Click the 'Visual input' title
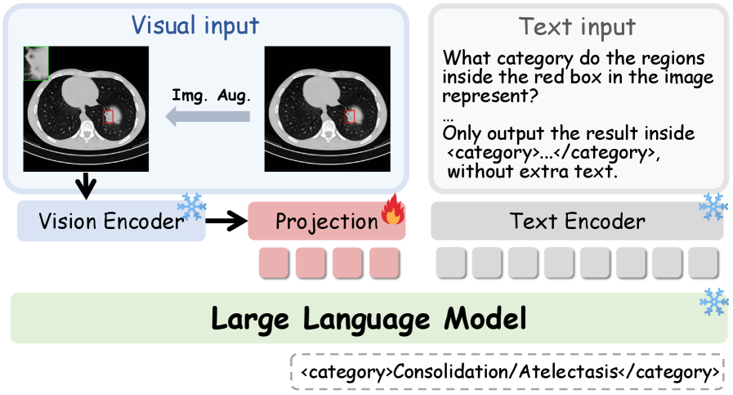pyautogui.click(x=195, y=25)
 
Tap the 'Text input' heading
pyautogui.click(x=577, y=26)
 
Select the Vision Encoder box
pyautogui.click(x=111, y=222)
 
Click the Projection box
pyautogui.click(x=327, y=222)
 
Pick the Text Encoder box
pyautogui.click(x=578, y=222)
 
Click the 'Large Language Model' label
pyautogui.click(x=369, y=319)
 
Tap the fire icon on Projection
pyautogui.click(x=393, y=209)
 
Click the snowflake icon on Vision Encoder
pyautogui.click(x=192, y=206)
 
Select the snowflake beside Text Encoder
pyautogui.click(x=713, y=206)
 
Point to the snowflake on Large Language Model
pyautogui.click(x=714, y=302)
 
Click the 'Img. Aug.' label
pyautogui.click(x=212, y=96)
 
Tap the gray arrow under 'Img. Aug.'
pyautogui.click(x=208, y=116)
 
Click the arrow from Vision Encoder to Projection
pyautogui.click(x=226, y=221)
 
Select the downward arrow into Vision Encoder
pyautogui.click(x=86, y=186)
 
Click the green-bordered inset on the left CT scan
pyautogui.click(x=36, y=63)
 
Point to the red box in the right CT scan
pyautogui.click(x=349, y=116)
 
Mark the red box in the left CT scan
pyautogui.click(x=108, y=116)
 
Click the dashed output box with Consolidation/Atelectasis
pyautogui.click(x=507, y=372)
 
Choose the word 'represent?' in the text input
pyautogui.click(x=490, y=96)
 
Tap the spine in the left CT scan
pyautogui.click(x=86, y=133)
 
